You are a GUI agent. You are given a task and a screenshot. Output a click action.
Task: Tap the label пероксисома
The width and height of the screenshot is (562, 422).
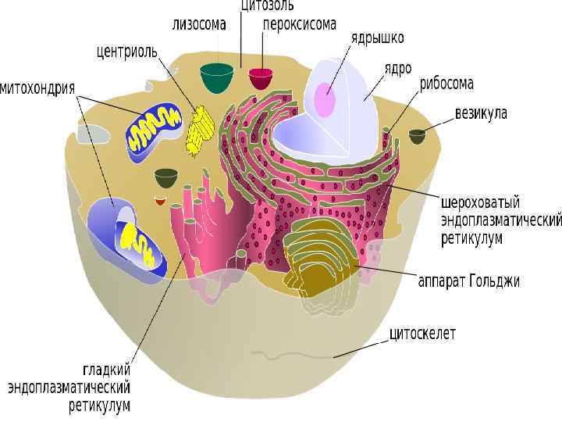point(299,24)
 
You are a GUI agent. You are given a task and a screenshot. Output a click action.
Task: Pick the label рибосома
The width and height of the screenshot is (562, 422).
point(449,84)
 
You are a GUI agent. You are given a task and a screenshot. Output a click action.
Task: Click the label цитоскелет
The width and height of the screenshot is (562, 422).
point(422,334)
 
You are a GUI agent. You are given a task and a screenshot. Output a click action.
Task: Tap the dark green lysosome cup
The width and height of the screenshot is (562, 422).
point(216,77)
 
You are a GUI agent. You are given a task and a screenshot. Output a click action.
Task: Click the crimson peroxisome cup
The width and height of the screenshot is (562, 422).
point(261,78)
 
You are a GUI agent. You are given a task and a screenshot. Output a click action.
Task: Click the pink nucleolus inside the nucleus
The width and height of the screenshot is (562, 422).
point(325,101)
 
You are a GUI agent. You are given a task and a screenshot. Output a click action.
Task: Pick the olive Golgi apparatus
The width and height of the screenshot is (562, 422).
point(316,260)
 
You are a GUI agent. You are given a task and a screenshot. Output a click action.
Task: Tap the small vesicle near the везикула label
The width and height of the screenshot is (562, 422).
point(418,136)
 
